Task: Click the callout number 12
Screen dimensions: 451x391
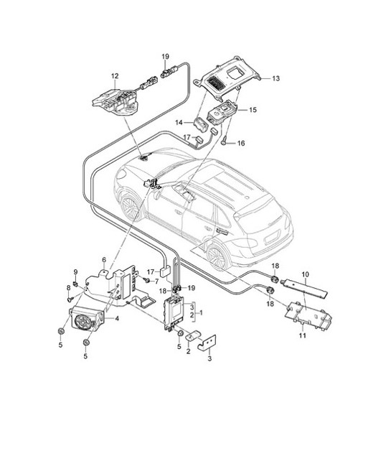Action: pos(114,75)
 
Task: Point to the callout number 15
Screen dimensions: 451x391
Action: pos(253,109)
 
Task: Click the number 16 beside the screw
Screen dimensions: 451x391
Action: pos(241,144)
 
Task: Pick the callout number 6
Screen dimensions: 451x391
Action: pos(104,259)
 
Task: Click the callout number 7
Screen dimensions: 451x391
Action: pos(156,281)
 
